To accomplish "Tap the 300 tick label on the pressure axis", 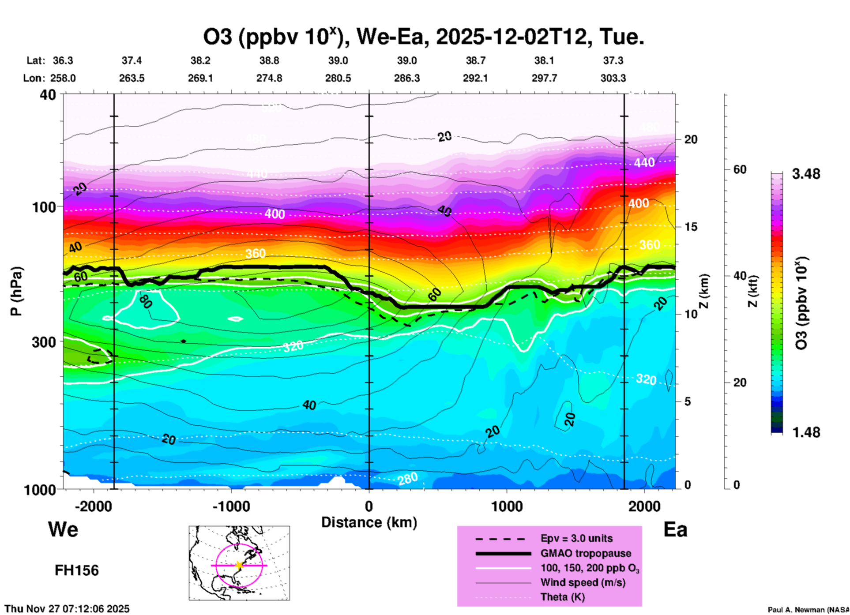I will (44, 342).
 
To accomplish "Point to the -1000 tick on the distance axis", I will (231, 506).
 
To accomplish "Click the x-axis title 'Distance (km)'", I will (369, 522).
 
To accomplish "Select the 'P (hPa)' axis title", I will (16, 291).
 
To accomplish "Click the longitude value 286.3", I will (406, 79).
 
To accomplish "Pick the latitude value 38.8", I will (269, 60).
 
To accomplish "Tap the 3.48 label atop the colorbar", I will (806, 174).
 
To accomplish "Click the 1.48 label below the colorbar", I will (806, 432).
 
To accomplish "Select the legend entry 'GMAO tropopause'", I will (586, 553).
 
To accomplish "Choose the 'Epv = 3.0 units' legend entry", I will (576, 539).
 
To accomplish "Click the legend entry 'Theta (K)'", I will (562, 597).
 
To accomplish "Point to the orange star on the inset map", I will (239, 565).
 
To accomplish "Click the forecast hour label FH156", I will (77, 570).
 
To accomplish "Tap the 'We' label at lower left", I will (63, 529).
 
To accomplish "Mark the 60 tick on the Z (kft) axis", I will (740, 170).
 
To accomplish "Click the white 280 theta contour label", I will (407, 479).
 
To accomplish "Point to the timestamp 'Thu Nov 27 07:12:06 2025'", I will (67, 609).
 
